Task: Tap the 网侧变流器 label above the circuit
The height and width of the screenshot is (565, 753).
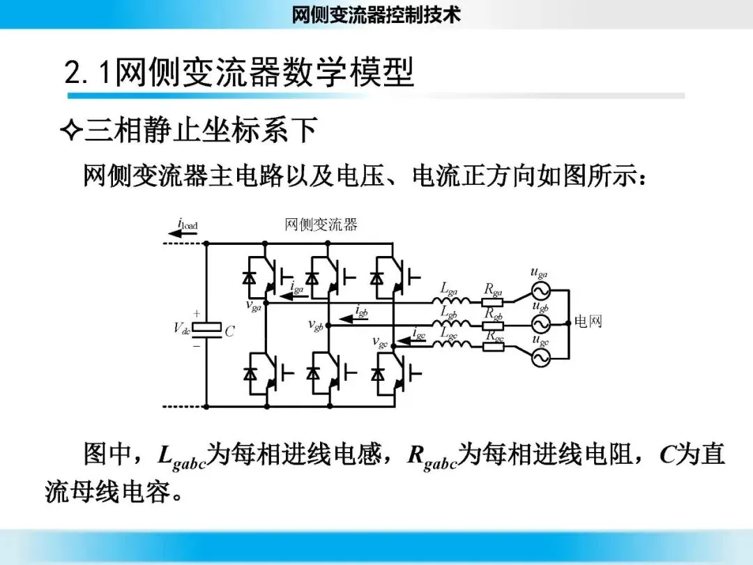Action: coord(321,225)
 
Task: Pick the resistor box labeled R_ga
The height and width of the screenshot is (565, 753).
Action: coord(493,302)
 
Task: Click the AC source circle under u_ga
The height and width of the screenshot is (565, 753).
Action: coord(540,291)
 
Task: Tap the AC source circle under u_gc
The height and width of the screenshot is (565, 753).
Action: coord(540,356)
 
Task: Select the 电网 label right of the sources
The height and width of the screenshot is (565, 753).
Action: coord(588,322)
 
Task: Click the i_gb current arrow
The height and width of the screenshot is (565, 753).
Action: coord(360,318)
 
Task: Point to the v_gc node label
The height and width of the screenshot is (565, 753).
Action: coord(380,342)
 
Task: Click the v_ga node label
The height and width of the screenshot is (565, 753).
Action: coord(254,306)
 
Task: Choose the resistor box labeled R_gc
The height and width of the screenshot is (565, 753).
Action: coord(494,345)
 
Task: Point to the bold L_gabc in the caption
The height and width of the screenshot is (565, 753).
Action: coord(181,457)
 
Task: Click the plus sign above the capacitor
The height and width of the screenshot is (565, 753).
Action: coord(197,314)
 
